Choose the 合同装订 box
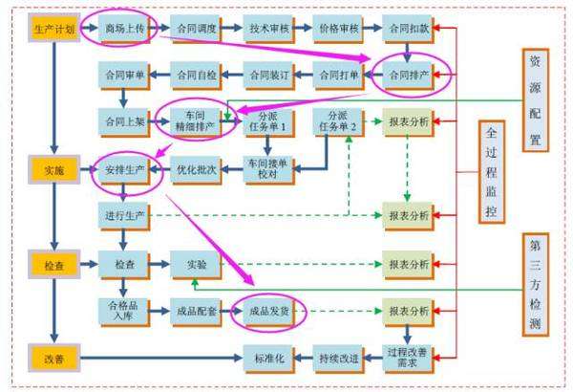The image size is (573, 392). point(266,74)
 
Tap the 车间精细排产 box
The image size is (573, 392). point(197,120)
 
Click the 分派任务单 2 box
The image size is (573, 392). point(339,120)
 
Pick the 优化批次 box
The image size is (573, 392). point(197,170)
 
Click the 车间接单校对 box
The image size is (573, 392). point(266,166)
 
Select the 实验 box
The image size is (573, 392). point(197,264)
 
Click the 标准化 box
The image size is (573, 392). point(266,359)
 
